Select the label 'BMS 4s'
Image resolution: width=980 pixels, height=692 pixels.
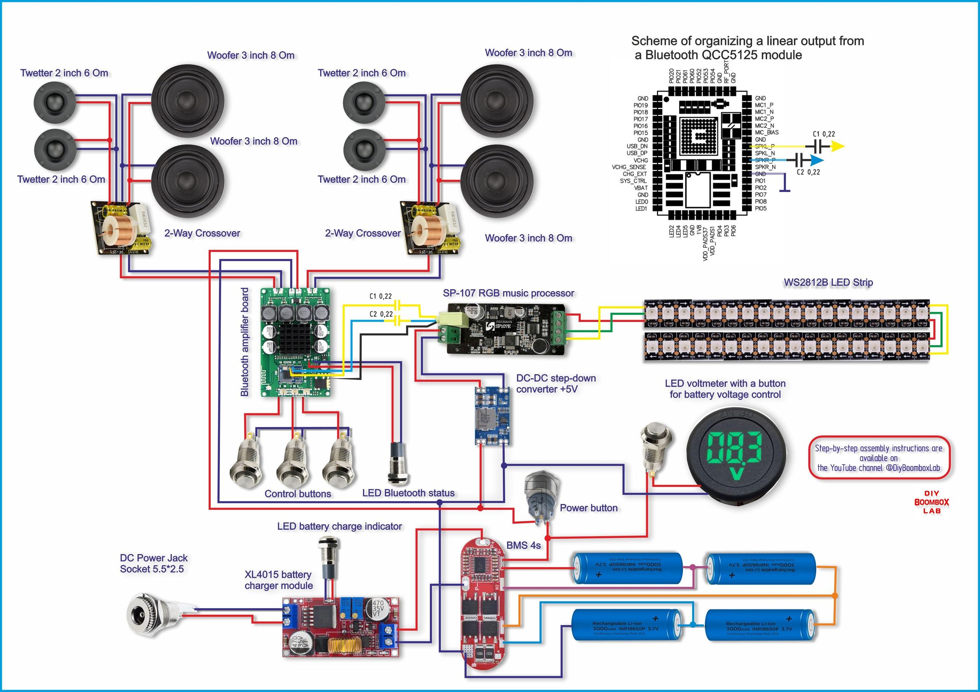[x=523, y=546]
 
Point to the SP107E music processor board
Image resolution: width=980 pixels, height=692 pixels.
[x=506, y=328]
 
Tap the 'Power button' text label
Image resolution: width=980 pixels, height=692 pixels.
[x=588, y=508]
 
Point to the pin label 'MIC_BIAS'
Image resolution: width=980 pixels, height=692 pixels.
[x=766, y=132]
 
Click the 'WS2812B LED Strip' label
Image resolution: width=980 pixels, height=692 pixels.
[x=828, y=282]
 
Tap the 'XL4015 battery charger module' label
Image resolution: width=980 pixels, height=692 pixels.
[x=278, y=580]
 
